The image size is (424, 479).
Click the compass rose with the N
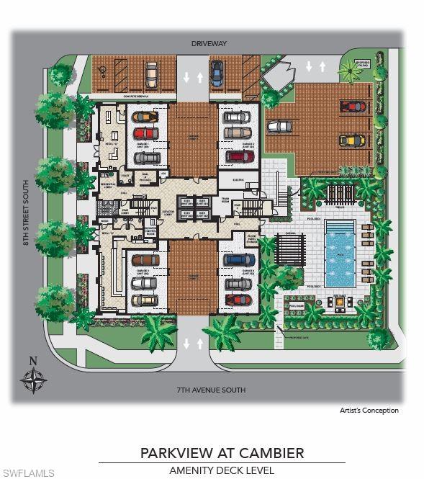click(34, 377)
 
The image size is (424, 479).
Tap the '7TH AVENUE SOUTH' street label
click(212, 390)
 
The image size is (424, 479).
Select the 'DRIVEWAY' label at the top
click(209, 44)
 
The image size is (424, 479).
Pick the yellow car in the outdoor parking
click(351, 140)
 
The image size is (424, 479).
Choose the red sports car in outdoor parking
click(353, 107)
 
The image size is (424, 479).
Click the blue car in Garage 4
click(238, 260)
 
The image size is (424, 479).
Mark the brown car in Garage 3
click(145, 260)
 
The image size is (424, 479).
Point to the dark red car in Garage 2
click(238, 156)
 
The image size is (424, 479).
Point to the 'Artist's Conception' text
click(369, 411)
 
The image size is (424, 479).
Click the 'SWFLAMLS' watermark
click(29, 473)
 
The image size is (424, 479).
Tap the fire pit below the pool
click(336, 303)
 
